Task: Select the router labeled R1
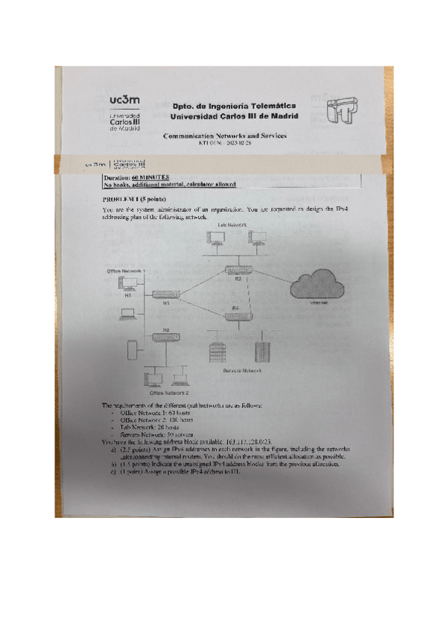click(x=165, y=294)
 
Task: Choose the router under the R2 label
click(x=165, y=338)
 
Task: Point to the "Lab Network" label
click(x=232, y=224)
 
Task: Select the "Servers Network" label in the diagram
click(x=242, y=370)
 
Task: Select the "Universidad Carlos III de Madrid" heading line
click(x=234, y=117)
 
